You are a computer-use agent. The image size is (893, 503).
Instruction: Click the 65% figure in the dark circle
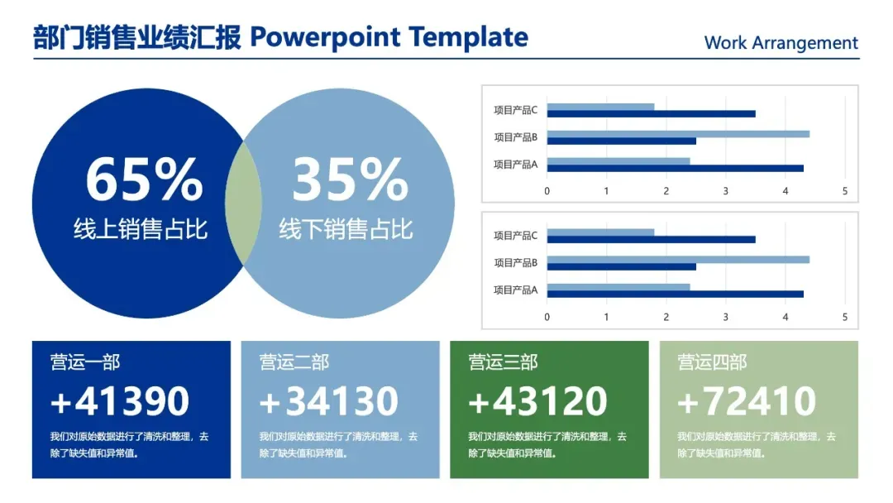[144, 180]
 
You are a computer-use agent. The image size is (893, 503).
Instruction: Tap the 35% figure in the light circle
[351, 180]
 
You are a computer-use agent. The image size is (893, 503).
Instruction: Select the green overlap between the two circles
[243, 204]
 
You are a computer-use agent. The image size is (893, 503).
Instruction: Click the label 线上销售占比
[140, 229]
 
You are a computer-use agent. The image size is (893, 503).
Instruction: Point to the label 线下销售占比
[346, 229]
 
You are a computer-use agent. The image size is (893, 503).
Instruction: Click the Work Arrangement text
[781, 43]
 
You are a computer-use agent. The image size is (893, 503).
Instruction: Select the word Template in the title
[468, 37]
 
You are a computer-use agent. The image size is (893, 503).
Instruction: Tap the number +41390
[120, 401]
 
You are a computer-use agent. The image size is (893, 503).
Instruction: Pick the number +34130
[328, 401]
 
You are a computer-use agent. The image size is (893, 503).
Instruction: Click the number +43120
[537, 401]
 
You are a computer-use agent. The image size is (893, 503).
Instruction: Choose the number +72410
[747, 401]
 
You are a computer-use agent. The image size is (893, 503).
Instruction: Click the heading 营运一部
[85, 362]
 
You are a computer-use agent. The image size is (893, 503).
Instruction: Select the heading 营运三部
[504, 362]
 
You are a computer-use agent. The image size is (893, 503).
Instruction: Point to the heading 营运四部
[713, 362]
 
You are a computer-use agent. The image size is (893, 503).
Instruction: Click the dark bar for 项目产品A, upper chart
[676, 169]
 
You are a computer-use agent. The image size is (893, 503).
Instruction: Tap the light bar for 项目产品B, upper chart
[678, 134]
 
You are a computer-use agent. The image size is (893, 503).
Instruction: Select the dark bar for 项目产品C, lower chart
[652, 240]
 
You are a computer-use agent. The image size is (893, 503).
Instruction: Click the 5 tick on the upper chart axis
[845, 191]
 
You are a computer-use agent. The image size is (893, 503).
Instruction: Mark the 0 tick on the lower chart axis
[547, 318]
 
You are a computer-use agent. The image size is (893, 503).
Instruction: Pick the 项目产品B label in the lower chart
[515, 262]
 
